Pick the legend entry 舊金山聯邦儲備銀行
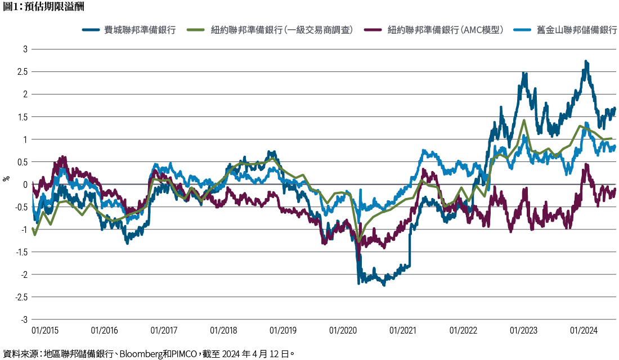pos(569,30)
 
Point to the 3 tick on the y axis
pos(25,49)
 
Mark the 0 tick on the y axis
pos(25,184)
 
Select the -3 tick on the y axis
pos(23,319)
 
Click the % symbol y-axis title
pos(7,179)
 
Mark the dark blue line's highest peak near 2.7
pos(586,62)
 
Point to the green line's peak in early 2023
pos(524,120)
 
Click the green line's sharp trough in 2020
pos(358,242)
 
